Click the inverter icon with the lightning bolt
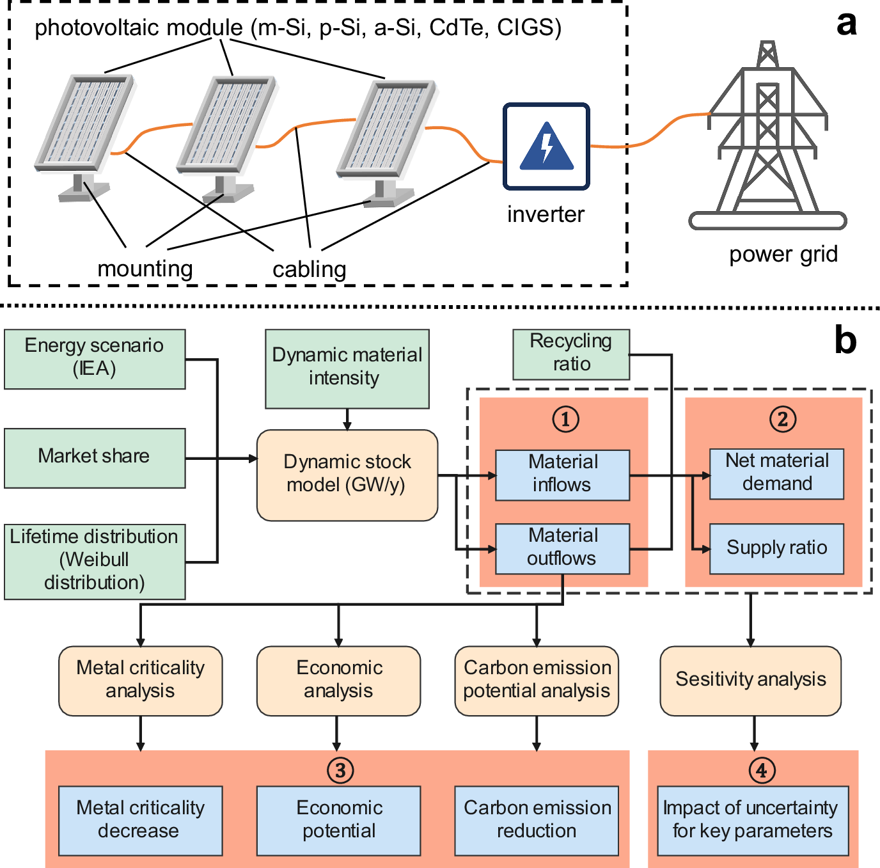[546, 146]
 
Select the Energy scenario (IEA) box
[95, 359]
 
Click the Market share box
[95, 458]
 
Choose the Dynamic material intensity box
[347, 368]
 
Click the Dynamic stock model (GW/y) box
[347, 475]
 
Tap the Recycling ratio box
[571, 354]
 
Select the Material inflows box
[562, 475]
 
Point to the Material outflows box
[562, 548]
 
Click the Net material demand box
[776, 473]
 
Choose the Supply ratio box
[776, 548]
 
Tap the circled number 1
[565, 420]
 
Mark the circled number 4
[762, 770]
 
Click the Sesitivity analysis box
[750, 680]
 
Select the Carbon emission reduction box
[537, 820]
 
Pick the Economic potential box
[338, 820]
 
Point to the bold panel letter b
[845, 340]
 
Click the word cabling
[310, 269]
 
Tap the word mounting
[145, 269]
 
